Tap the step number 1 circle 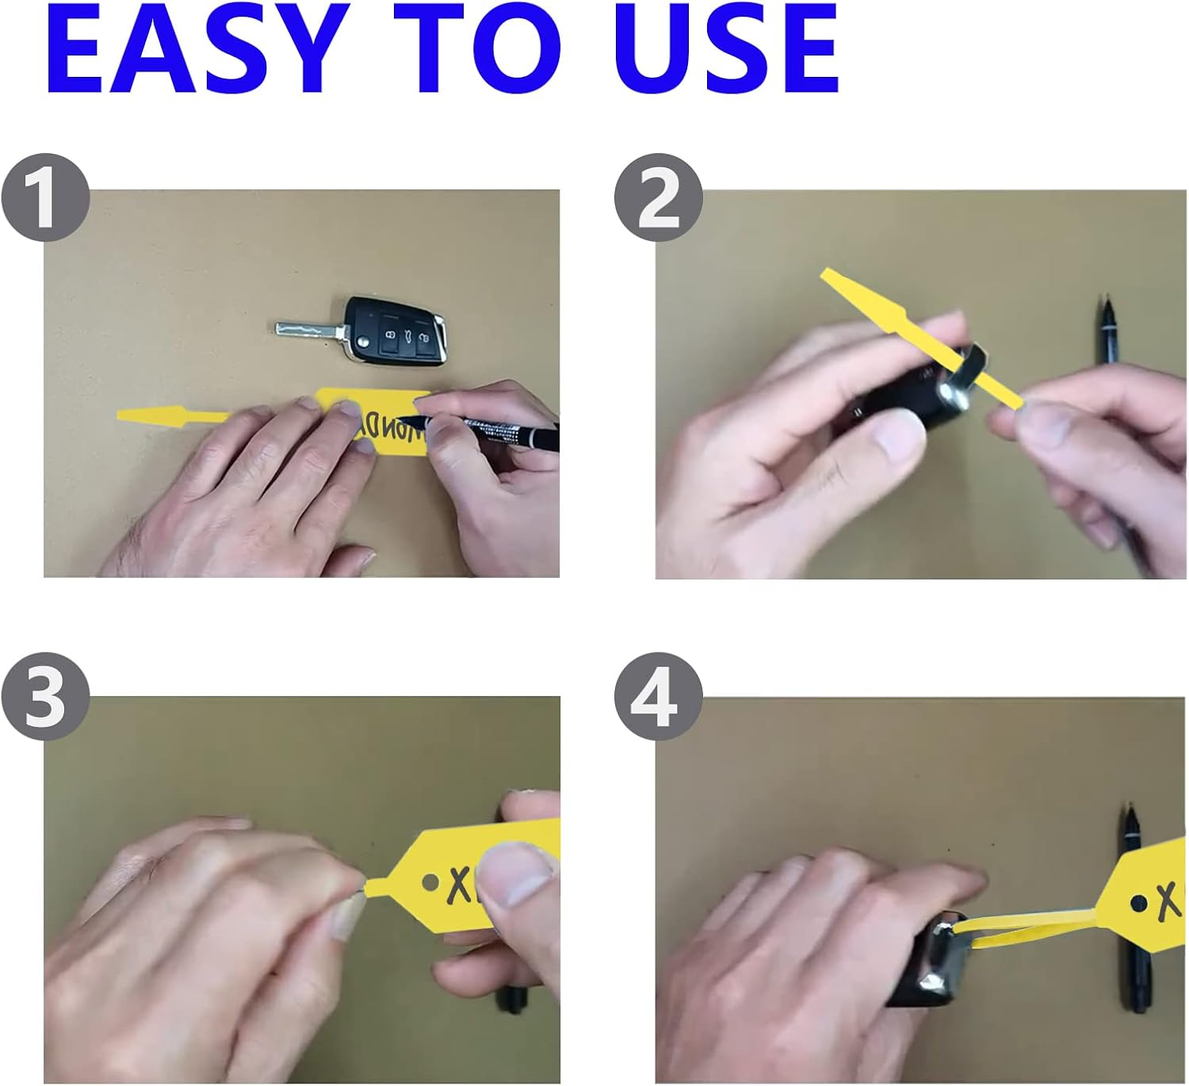tap(45, 198)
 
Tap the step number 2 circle tap(658, 198)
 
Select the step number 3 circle tap(45, 697)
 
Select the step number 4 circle tap(658, 697)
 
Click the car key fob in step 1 tap(396, 331)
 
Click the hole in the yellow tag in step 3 tap(430, 881)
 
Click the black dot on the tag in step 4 tap(1138, 902)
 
